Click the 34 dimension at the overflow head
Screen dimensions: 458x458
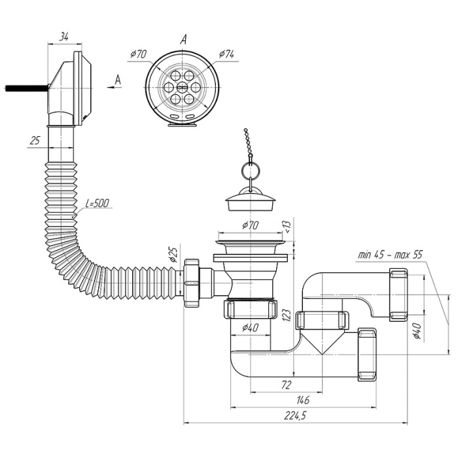[x=64, y=37]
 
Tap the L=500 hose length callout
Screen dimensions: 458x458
[x=97, y=203]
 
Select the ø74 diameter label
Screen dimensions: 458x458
[x=226, y=54]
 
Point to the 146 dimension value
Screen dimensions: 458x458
[x=302, y=400]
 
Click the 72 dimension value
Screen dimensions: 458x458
[x=287, y=385]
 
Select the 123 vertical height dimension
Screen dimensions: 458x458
[x=287, y=315]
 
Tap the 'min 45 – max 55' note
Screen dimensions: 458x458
[x=390, y=255]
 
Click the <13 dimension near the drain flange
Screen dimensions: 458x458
[x=287, y=227]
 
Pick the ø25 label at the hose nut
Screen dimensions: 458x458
[x=173, y=255]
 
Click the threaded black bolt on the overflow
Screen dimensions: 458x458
[x=27, y=88]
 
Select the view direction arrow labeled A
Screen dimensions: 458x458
[x=114, y=87]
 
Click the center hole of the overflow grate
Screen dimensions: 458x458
[x=182, y=86]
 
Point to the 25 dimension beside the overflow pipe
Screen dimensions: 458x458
[x=35, y=141]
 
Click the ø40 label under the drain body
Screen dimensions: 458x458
[x=251, y=328]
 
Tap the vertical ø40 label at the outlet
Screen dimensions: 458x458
[x=417, y=331]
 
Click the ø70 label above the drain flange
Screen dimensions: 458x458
[x=251, y=225]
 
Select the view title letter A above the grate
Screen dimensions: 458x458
[x=183, y=39]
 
